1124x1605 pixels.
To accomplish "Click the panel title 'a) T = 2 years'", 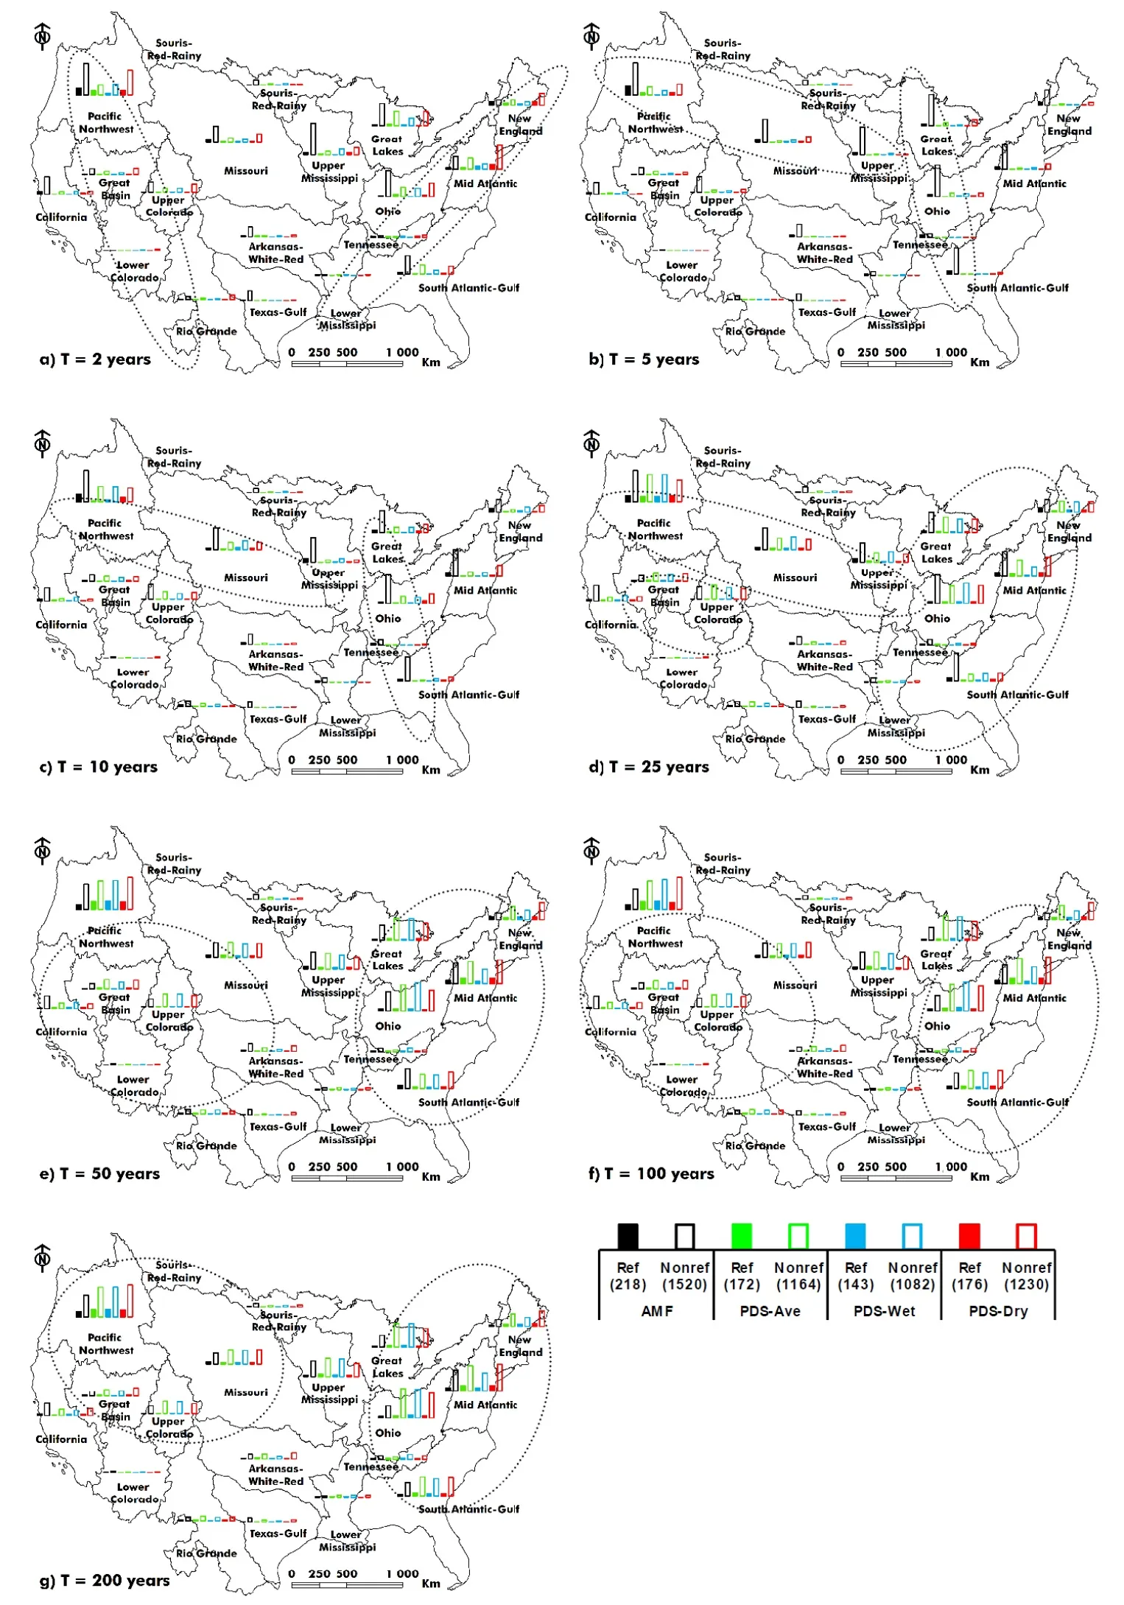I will [x=95, y=359].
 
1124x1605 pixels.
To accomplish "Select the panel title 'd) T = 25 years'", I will [x=648, y=767].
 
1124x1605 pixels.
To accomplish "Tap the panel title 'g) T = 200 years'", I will [x=105, y=1581].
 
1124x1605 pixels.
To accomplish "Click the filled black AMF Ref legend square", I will [x=628, y=1236].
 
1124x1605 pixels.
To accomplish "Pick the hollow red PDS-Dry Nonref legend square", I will [x=1026, y=1236].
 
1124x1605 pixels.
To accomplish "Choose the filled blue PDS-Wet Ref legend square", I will [x=855, y=1236].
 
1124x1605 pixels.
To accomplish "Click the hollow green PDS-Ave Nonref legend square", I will [x=798, y=1236].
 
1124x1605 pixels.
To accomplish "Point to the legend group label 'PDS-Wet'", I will [x=884, y=1311].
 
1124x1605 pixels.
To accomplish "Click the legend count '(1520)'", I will [x=684, y=1285].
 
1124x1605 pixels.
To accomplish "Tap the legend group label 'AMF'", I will [x=656, y=1311].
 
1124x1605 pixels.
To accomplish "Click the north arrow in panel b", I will [x=591, y=35].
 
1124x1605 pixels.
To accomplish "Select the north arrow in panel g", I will [x=43, y=1258].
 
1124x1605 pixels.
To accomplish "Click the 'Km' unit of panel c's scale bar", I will [x=431, y=770].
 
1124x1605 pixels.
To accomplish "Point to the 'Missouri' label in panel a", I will [x=246, y=171].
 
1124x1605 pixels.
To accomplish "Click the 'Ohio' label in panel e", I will [x=388, y=1026].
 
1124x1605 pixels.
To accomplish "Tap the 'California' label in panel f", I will [x=611, y=1032].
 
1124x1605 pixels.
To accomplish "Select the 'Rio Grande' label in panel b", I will [x=755, y=331].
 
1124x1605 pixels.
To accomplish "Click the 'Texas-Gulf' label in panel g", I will [x=278, y=1534].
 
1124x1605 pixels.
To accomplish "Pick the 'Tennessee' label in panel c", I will [x=371, y=652].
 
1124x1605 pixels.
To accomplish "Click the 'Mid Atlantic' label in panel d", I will [x=1034, y=591].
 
